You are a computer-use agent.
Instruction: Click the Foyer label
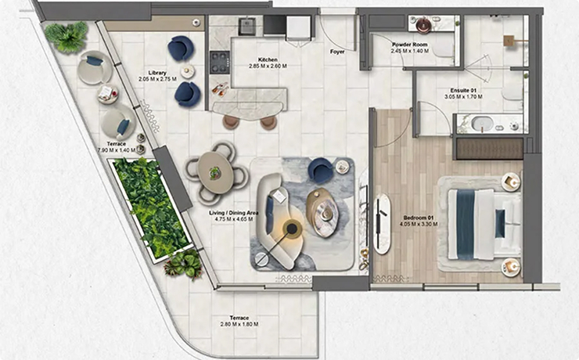337,52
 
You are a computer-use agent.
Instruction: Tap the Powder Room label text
410,45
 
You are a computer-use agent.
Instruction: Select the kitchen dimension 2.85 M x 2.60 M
268,67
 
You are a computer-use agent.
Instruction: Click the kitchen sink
246,26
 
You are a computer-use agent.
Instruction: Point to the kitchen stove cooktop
220,63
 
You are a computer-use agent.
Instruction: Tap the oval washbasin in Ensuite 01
482,124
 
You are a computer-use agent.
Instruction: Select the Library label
157,73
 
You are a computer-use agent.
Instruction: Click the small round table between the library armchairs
188,71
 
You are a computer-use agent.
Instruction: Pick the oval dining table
216,173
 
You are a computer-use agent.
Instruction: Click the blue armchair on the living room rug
320,170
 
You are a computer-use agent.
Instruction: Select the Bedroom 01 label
419,218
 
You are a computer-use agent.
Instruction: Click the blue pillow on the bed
500,223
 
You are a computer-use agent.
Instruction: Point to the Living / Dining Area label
234,213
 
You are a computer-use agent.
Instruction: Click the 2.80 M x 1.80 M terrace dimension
239,324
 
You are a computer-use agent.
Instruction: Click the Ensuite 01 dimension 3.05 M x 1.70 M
463,97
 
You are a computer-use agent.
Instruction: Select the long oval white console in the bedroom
382,224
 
